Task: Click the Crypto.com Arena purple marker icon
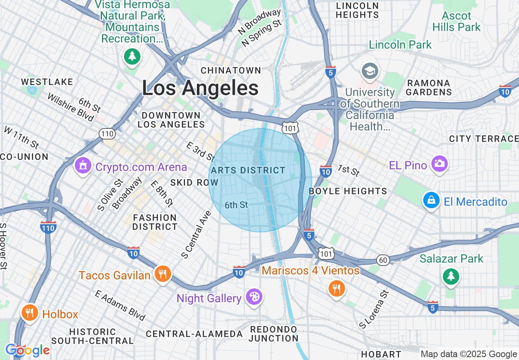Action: (x=83, y=166)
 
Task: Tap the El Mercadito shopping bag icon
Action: (x=431, y=200)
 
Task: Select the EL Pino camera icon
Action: (x=439, y=164)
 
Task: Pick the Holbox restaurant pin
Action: (x=29, y=313)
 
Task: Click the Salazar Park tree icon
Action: (x=451, y=276)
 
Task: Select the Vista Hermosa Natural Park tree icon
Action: (x=132, y=56)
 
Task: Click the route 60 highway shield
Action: (x=383, y=260)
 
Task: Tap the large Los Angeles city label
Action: (x=200, y=88)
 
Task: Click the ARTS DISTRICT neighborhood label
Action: (x=248, y=170)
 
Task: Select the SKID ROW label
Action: (x=194, y=182)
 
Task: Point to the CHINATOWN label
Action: (x=231, y=70)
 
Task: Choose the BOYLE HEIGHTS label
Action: (x=348, y=191)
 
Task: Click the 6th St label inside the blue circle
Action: (x=236, y=205)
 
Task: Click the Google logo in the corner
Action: (x=27, y=351)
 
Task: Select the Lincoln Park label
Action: (x=400, y=45)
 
